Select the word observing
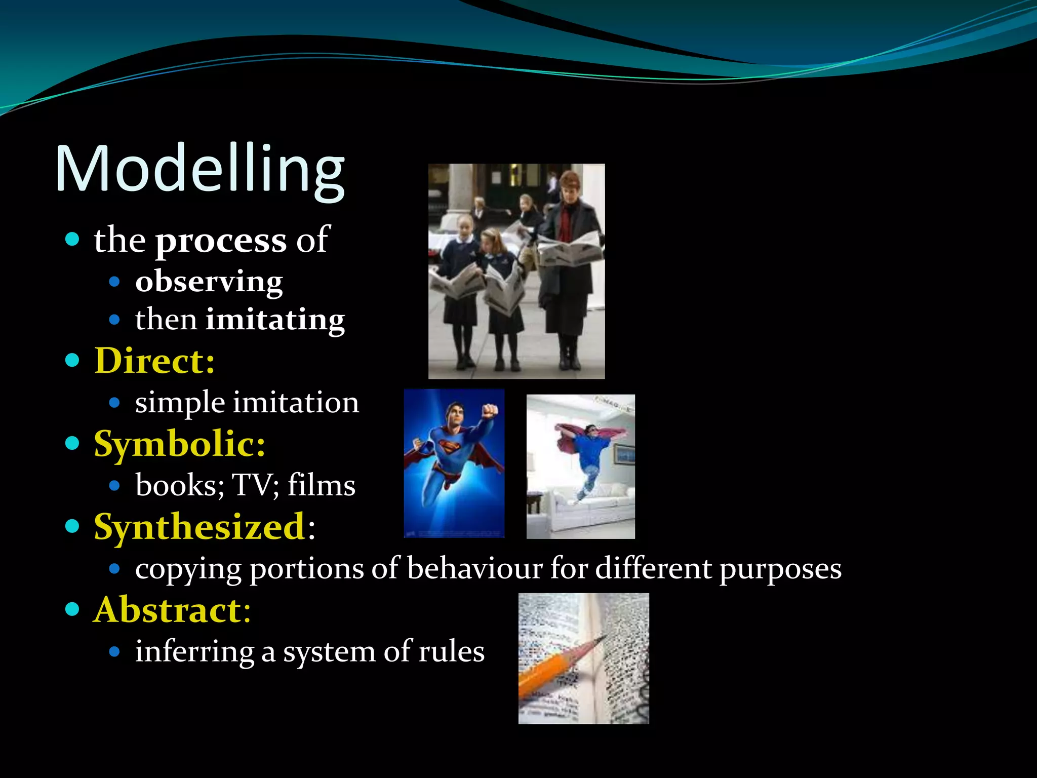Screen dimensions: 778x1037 tap(209, 282)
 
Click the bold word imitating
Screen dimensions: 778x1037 tap(275, 320)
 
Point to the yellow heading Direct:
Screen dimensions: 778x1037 tap(154, 361)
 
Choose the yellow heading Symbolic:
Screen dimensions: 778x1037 tap(179, 444)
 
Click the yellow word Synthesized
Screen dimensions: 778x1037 tap(200, 527)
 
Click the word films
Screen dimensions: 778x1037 tap(322, 486)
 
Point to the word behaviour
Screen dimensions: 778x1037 tap(474, 568)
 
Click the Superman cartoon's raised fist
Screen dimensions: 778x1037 tap(489, 409)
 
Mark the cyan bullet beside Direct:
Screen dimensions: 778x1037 tap(72, 360)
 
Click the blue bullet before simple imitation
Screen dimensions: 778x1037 tap(114, 403)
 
